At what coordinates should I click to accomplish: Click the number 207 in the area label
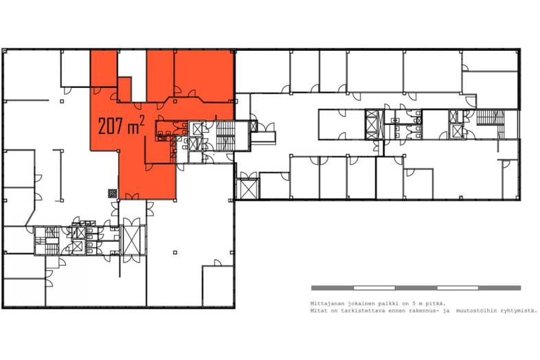(111, 126)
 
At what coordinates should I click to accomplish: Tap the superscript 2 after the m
(142, 120)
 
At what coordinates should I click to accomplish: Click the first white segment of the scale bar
(374, 288)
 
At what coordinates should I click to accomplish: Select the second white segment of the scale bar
(458, 288)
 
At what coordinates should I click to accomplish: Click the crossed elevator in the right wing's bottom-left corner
(247, 189)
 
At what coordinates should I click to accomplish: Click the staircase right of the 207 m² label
(225, 136)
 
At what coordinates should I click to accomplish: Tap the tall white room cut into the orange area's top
(132, 75)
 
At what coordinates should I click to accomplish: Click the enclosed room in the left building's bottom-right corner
(218, 286)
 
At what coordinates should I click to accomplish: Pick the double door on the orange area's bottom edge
(132, 196)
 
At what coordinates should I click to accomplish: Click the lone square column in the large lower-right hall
(175, 253)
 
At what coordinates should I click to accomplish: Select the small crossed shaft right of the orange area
(254, 126)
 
